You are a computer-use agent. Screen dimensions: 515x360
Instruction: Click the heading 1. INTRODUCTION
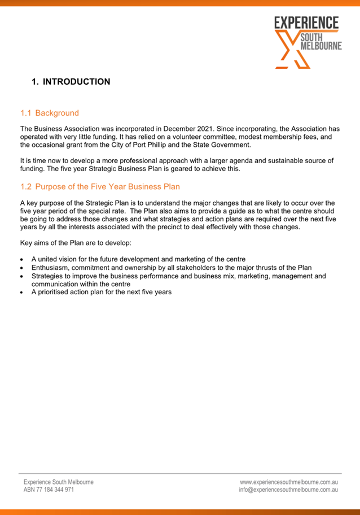click(x=71, y=82)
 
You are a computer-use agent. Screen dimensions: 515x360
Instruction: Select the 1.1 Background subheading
click(x=50, y=113)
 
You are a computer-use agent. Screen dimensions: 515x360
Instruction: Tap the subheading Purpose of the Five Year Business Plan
click(x=107, y=186)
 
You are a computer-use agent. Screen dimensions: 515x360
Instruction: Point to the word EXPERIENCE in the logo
click(x=306, y=23)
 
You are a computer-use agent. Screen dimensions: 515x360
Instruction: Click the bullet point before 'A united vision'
click(x=21, y=260)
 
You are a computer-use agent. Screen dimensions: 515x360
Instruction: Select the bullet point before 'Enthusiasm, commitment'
click(x=21, y=268)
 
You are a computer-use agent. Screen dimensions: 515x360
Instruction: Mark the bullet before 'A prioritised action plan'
click(x=21, y=293)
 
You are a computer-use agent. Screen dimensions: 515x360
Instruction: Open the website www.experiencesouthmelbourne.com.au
click(x=288, y=482)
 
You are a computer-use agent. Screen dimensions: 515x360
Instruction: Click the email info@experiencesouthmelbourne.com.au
click(x=288, y=490)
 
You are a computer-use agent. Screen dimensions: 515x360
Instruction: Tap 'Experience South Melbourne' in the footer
click(x=59, y=482)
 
